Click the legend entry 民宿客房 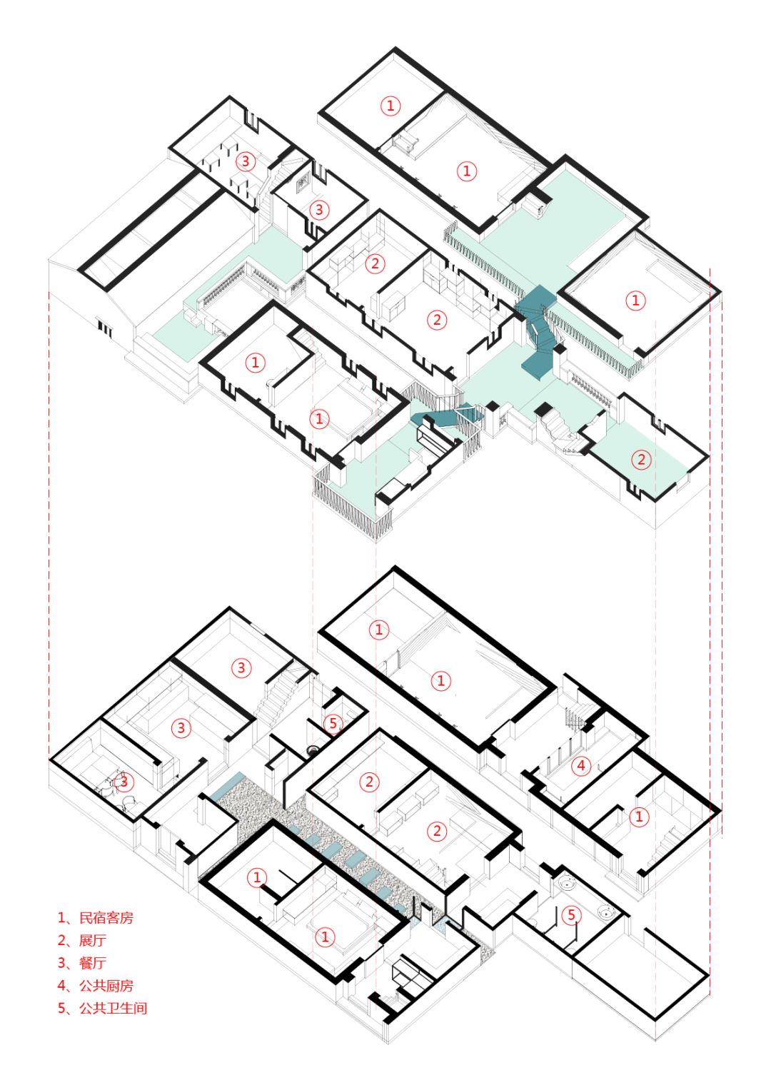pos(106,918)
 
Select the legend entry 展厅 pos(93,940)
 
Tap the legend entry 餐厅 pos(93,962)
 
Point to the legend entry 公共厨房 pos(106,985)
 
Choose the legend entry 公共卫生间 pos(113,1008)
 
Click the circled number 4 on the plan pos(580,765)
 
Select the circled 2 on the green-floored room pos(641,459)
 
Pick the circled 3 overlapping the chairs pos(124,782)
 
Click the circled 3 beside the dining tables pos(246,161)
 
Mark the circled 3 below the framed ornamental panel pos(319,210)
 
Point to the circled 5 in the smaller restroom pos(333,723)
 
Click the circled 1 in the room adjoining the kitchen pos(639,816)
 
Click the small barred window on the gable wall pos(105,328)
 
